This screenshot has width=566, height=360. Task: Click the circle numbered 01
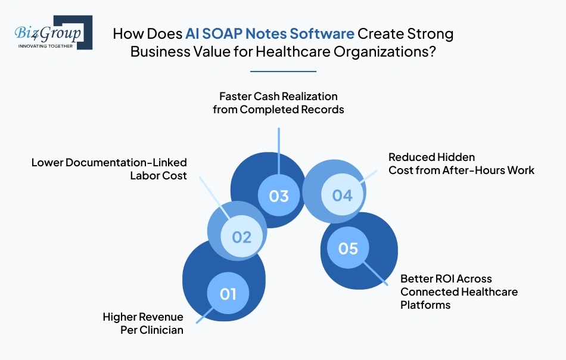(x=228, y=293)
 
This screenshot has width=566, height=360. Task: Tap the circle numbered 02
(x=241, y=237)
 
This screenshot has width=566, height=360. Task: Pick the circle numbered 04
(x=342, y=195)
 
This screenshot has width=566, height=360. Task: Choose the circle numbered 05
(x=347, y=247)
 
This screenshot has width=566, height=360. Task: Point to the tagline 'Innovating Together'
(x=45, y=45)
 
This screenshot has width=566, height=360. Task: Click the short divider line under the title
(x=283, y=72)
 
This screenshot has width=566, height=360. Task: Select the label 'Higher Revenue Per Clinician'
(x=143, y=323)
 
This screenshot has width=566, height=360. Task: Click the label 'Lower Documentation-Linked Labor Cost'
(x=109, y=169)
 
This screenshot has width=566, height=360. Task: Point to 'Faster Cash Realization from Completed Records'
(x=278, y=103)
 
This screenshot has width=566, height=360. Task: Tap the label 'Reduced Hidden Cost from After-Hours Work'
(x=461, y=163)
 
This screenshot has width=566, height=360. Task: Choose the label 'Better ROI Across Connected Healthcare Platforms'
(x=459, y=291)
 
